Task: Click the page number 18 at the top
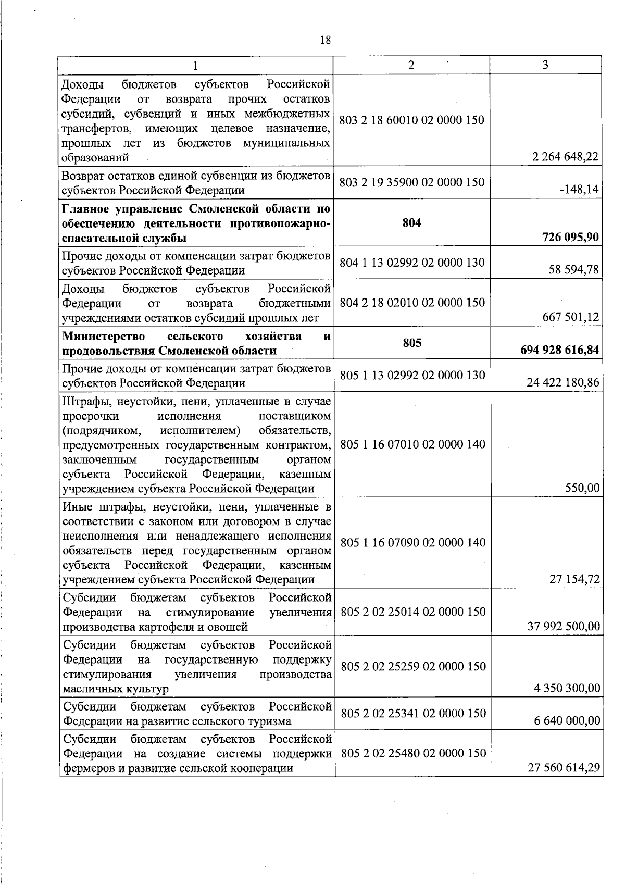click(x=326, y=40)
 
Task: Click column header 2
click(x=411, y=65)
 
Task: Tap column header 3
click(x=545, y=65)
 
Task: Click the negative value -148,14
click(x=582, y=190)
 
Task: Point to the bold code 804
click(x=412, y=223)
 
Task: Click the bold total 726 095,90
click(x=568, y=238)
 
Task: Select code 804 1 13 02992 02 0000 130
click(x=412, y=263)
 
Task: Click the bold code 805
click(x=412, y=343)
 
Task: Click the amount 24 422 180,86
click(x=563, y=383)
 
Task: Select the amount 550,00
click(x=582, y=488)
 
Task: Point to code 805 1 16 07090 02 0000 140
click(x=413, y=543)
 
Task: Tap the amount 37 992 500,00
click(x=564, y=626)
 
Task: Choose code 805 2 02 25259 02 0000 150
click(x=413, y=666)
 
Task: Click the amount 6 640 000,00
click(x=567, y=721)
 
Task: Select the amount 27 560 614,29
click(x=564, y=768)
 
